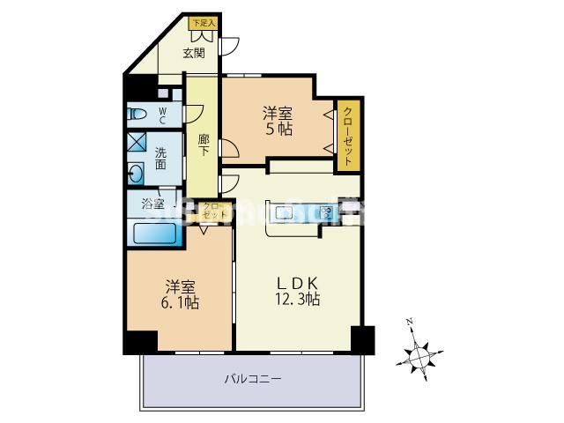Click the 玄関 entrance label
194,53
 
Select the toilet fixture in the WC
138,112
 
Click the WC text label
162,113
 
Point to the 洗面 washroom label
161,158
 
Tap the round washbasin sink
137,172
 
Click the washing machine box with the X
137,142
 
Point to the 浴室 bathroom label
152,204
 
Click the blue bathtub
157,234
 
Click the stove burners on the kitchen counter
327,212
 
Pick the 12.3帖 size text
298,300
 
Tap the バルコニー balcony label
251,379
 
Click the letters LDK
297,282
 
